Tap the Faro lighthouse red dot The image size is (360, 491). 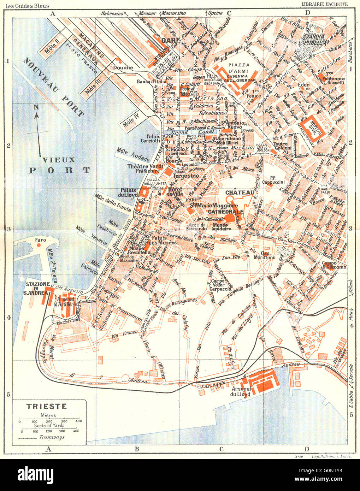[x=40, y=245]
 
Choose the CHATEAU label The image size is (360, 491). [x=240, y=193]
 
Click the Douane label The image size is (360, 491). [x=123, y=67]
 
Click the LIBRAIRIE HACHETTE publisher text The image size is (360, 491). [x=324, y=4]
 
